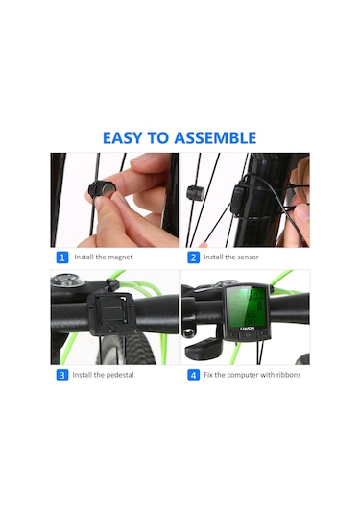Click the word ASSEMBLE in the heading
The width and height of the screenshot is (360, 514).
(215, 138)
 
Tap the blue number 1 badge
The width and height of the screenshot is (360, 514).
(62, 257)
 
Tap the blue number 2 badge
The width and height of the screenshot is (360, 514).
(193, 257)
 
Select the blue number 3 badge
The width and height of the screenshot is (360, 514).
(62, 375)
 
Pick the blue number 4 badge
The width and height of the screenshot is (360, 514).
(193, 375)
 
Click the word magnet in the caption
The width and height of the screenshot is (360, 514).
(120, 257)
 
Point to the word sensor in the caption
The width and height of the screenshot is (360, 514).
(248, 257)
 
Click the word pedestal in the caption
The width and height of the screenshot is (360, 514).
(120, 375)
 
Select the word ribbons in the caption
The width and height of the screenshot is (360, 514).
(288, 375)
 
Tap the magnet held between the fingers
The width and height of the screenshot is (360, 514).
(100, 190)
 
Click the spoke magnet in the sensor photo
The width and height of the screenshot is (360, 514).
(196, 193)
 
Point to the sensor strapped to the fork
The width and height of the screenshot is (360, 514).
(239, 199)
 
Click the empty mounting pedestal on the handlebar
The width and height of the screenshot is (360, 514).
(111, 312)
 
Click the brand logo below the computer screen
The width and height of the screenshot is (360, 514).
(248, 328)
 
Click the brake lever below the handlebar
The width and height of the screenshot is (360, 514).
(204, 348)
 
